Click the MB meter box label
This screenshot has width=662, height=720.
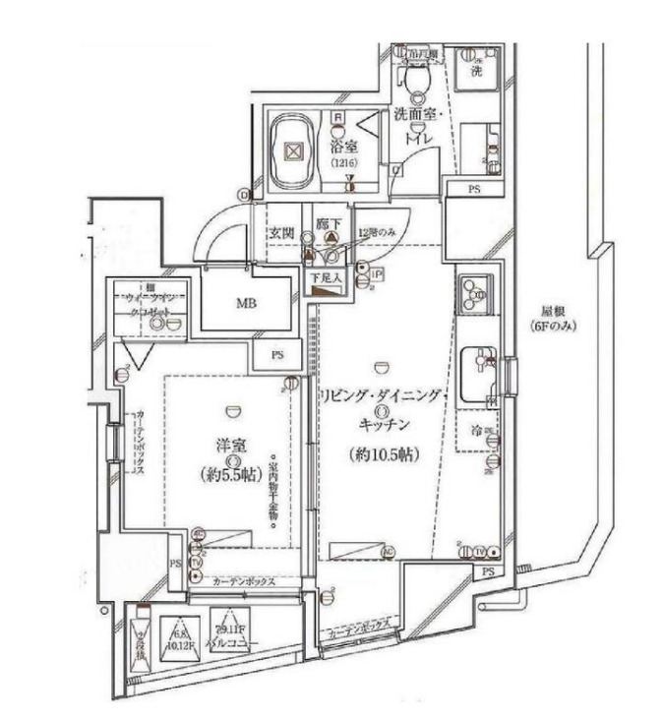[x=246, y=303]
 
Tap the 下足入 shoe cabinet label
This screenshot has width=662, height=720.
[x=329, y=278]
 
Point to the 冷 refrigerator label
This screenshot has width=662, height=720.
[x=475, y=430]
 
